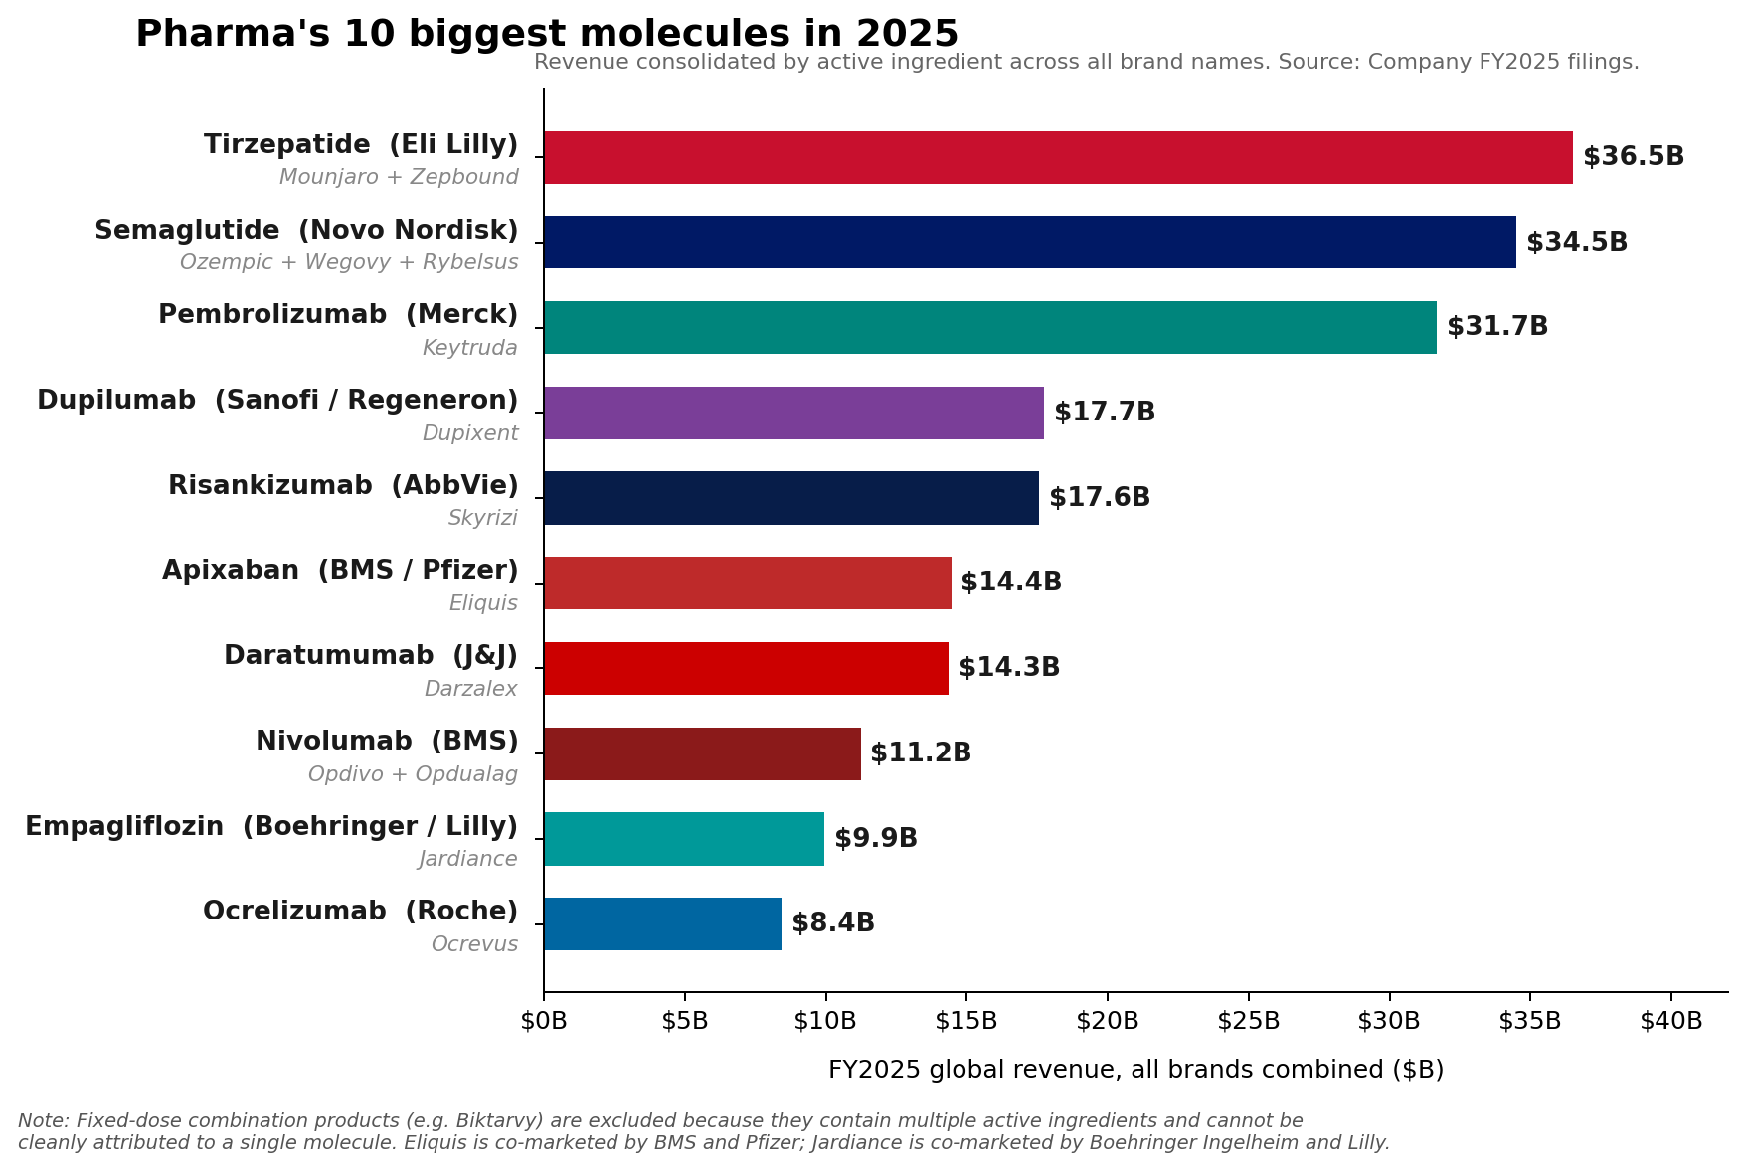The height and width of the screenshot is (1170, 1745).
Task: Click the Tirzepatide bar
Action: click(1058, 157)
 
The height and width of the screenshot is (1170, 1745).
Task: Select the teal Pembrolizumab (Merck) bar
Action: click(989, 327)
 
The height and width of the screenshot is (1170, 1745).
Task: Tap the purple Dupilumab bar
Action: click(793, 413)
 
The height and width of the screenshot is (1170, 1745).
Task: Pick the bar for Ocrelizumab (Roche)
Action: click(662, 923)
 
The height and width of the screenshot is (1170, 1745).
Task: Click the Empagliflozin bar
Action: click(684, 838)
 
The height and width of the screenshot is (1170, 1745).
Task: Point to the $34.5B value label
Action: click(1577, 243)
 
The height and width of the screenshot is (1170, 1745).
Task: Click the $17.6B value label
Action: click(1100, 498)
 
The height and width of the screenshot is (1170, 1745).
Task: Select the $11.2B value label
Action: click(921, 753)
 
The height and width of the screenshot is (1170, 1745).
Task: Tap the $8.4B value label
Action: click(833, 923)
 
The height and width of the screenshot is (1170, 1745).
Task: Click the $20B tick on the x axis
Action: click(1108, 1021)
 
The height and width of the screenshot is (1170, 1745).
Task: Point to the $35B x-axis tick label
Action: click(1530, 1021)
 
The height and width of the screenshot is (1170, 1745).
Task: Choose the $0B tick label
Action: click(544, 1021)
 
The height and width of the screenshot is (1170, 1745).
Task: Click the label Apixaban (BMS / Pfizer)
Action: click(340, 571)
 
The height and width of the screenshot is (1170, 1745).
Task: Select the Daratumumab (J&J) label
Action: click(371, 656)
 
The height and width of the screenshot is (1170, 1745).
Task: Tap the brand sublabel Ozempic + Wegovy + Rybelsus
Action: click(349, 263)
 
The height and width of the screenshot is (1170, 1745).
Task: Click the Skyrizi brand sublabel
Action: click(483, 518)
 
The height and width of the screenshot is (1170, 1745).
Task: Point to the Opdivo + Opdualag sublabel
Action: click(413, 774)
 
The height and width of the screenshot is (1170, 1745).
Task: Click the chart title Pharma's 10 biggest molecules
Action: click(547, 34)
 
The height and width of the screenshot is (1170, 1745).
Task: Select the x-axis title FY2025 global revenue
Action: click(1135, 1070)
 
